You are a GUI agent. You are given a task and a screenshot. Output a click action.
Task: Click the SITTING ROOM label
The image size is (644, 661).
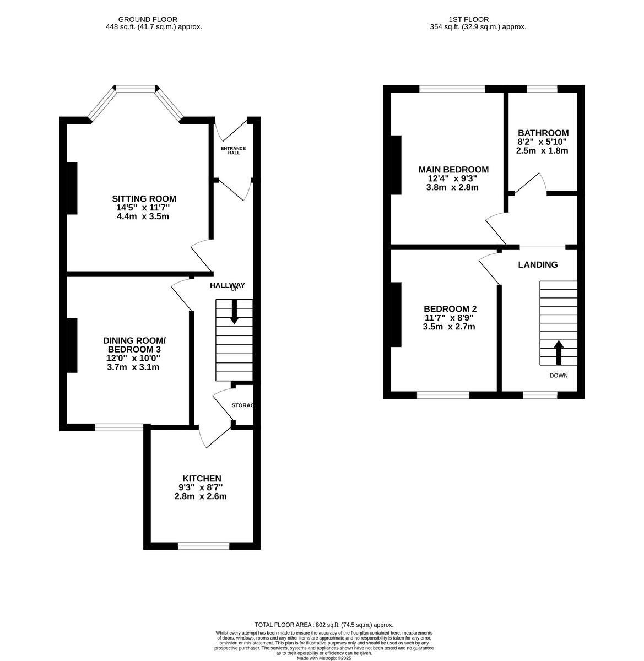(x=144, y=198)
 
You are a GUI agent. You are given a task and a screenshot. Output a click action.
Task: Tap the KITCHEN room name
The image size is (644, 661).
(x=202, y=478)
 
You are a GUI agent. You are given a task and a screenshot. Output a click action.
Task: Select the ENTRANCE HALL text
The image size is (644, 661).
(x=233, y=150)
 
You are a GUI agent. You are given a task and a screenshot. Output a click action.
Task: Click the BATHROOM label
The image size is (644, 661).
(x=543, y=133)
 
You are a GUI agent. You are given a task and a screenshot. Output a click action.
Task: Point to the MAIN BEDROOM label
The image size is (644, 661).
(x=453, y=169)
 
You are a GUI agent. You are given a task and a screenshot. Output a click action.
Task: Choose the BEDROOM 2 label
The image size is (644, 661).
(x=450, y=308)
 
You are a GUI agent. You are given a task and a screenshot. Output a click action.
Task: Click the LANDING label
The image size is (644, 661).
(x=538, y=264)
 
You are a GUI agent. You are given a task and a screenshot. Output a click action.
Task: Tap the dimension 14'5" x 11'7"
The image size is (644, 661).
(x=143, y=208)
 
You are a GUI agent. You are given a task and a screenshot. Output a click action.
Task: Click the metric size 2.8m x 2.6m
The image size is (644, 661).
(x=201, y=496)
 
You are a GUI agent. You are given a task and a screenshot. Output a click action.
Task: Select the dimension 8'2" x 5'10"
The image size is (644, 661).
(x=542, y=142)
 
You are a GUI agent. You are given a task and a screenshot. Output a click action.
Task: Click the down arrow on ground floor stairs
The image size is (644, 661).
(x=234, y=312)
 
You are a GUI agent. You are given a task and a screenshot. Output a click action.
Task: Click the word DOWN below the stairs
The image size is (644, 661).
(x=558, y=376)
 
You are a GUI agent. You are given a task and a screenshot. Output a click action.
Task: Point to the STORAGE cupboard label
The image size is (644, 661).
(x=242, y=405)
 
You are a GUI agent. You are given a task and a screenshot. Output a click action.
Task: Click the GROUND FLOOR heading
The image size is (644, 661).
(x=154, y=19)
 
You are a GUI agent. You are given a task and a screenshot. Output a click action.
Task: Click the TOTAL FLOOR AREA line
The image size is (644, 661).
(x=322, y=625)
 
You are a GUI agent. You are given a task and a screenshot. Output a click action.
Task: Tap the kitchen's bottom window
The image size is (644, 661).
(x=203, y=546)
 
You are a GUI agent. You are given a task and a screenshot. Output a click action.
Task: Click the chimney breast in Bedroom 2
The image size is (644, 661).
(x=396, y=315)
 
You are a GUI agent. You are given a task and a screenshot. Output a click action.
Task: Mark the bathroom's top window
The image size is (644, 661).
(x=542, y=88)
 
